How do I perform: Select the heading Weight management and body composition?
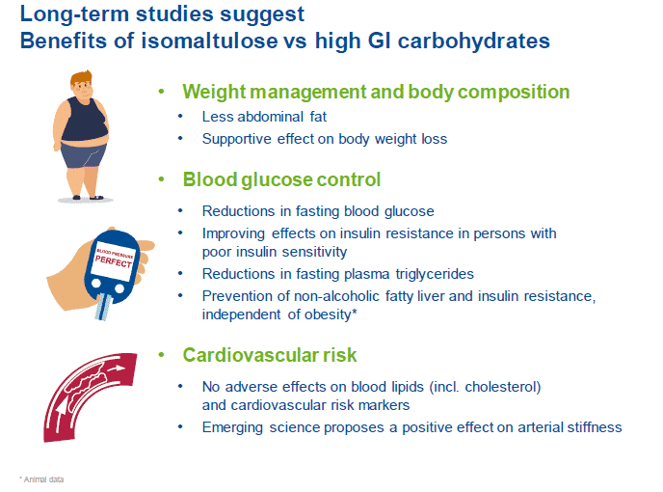(376, 93)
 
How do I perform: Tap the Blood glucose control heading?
(281, 180)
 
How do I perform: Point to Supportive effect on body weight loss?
(324, 138)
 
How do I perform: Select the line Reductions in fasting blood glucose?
(318, 211)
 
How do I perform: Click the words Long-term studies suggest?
(161, 15)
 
